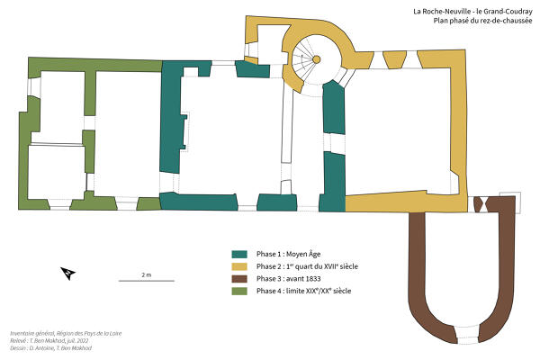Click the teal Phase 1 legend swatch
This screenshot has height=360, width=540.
click(239, 254)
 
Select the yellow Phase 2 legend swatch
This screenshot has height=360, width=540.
click(239, 266)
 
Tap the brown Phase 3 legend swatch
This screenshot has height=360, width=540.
click(239, 279)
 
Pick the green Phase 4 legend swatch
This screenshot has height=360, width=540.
click(239, 291)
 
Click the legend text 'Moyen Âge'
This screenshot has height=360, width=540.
click(303, 254)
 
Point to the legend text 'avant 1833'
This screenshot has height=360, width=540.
click(303, 279)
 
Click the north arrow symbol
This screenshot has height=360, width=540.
click(67, 274)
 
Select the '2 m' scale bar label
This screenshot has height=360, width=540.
click(147, 274)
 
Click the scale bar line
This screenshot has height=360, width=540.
click(147, 281)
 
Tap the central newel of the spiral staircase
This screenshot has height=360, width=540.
click(316, 59)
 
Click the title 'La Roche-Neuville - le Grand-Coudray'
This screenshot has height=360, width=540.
click(472, 12)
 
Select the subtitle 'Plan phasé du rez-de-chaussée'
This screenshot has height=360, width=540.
click(482, 21)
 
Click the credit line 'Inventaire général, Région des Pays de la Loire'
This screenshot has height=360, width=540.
click(66, 333)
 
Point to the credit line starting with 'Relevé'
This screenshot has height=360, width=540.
click(49, 341)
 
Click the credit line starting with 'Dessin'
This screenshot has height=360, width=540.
click(51, 348)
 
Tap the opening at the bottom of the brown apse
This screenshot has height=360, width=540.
click(468, 335)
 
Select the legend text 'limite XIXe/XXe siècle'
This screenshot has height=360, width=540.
click(319, 291)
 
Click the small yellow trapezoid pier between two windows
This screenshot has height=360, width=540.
click(395, 59)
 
